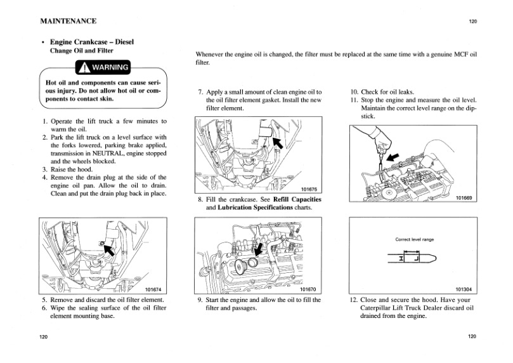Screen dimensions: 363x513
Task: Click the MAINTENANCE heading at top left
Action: [68, 21]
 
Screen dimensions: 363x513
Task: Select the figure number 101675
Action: [308, 188]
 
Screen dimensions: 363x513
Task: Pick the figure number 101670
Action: [308, 289]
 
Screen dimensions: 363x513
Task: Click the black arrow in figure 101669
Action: [394, 155]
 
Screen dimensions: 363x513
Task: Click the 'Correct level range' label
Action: [414, 239]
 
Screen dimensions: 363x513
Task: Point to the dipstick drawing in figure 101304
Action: [413, 258]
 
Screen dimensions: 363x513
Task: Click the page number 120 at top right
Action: [472, 22]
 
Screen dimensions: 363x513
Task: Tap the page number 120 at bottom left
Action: [42, 336]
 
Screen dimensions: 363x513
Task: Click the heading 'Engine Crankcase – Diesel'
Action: [92, 42]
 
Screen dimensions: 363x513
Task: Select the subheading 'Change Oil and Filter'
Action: [82, 51]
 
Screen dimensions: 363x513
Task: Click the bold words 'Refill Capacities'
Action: [297, 199]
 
